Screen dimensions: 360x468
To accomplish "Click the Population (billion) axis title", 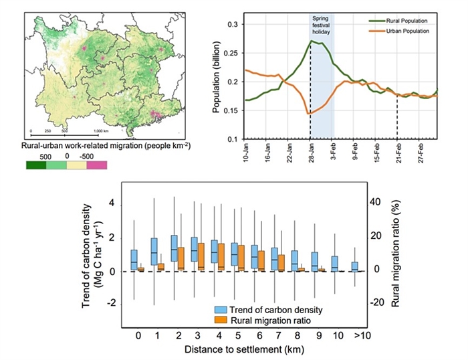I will (218, 80).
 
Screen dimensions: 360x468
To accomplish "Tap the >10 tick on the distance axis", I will (355, 335).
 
